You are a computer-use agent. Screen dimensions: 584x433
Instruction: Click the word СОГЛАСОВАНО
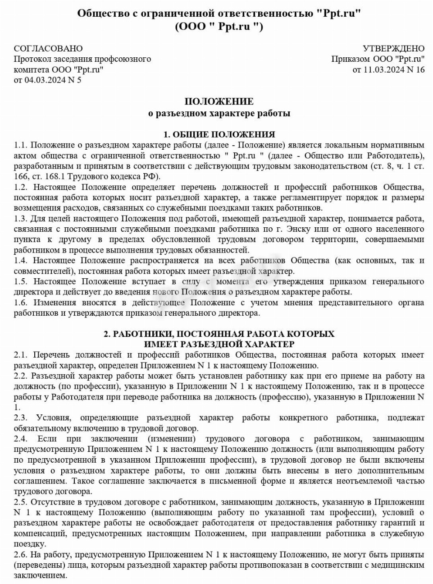[48, 48]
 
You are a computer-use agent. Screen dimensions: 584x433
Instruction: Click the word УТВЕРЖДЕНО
[394, 48]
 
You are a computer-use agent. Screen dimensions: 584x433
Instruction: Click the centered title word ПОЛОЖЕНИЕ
[219, 101]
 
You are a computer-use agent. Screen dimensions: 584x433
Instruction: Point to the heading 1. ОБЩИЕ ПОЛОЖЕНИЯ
[219, 134]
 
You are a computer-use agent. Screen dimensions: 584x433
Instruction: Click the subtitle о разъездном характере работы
[219, 113]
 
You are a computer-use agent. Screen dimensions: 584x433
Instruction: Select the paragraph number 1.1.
[21, 145]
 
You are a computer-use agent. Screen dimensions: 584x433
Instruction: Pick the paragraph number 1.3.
[21, 219]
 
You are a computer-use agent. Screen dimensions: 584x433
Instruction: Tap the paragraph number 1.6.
[21, 302]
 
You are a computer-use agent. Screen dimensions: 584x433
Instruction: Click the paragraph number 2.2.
[21, 376]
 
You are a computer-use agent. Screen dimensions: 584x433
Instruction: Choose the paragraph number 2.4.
[21, 438]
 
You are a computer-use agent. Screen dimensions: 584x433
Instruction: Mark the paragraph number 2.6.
[21, 554]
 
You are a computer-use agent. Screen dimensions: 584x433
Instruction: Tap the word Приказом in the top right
[350, 59]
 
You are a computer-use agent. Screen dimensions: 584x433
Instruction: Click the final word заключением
[40, 575]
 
